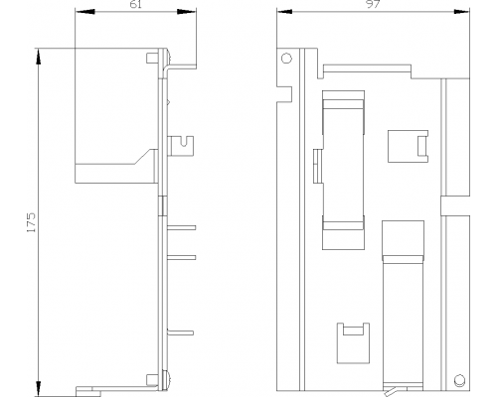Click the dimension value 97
373,4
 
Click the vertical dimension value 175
31,222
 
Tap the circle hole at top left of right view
286,59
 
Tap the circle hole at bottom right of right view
459,379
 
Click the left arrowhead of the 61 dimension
84,12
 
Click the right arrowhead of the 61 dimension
187,12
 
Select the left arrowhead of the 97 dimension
284,12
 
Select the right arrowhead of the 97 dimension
462,12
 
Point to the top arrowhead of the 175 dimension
39,57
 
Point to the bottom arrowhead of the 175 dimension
39,389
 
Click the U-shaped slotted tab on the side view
181,146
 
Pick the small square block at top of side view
152,58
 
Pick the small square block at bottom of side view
152,380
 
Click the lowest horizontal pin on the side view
180,332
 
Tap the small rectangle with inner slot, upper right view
408,146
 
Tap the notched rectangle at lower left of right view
353,343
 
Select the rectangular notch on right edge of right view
455,205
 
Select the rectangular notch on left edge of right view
284,94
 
